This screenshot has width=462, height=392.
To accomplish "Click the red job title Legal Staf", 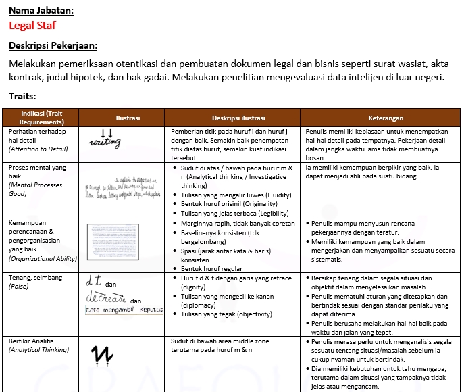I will pyautogui.click(x=32, y=26).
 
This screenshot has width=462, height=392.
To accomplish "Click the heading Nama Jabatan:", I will pyautogui.click(x=41, y=11).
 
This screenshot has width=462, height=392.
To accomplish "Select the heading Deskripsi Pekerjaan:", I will pyautogui.click(x=53, y=46).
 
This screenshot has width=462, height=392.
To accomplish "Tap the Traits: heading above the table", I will pyautogui.click(x=23, y=97).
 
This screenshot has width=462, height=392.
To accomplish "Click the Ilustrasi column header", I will pyautogui.click(x=127, y=118).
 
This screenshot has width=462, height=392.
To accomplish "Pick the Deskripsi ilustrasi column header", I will pyautogui.click(x=234, y=118).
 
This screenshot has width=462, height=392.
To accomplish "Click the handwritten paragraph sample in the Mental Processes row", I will pyautogui.click(x=125, y=189).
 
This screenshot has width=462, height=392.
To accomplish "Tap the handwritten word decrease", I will pyautogui.click(x=107, y=298).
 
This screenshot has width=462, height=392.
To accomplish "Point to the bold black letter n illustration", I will pyautogui.click(x=102, y=353).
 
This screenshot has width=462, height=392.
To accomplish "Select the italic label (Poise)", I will pyautogui.click(x=20, y=287).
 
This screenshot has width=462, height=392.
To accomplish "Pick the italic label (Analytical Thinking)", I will pyautogui.click(x=38, y=349).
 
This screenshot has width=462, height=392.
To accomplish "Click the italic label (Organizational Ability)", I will pyautogui.click(x=43, y=258).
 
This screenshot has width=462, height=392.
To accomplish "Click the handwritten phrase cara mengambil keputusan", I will pyautogui.click(x=125, y=310).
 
